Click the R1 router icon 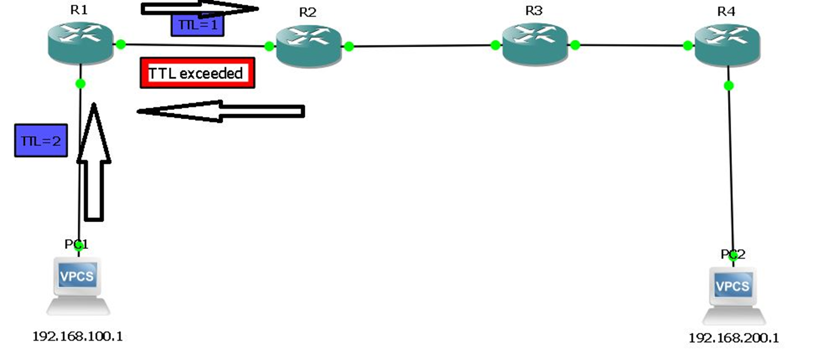(80, 43)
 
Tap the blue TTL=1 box (197, 25)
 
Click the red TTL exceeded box (197, 73)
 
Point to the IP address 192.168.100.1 (78, 336)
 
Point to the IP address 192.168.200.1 (733, 338)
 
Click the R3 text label (534, 11)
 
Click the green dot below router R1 (80, 83)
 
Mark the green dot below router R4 (729, 85)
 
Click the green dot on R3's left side (495, 45)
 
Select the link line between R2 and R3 (422, 46)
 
